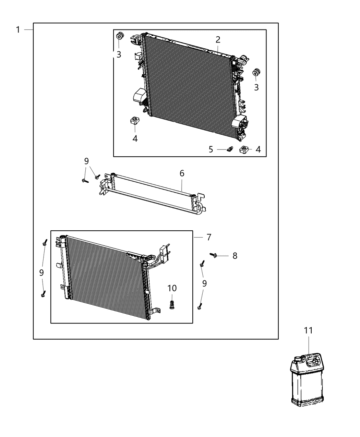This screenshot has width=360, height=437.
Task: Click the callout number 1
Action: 18,30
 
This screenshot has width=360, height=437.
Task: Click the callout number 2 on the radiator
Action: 218,40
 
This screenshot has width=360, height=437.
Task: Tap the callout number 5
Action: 211,149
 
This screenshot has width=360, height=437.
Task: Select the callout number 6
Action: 182,173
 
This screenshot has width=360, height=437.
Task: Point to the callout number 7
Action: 209,237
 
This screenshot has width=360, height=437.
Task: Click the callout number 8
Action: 235,256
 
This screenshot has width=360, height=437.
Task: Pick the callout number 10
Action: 172,288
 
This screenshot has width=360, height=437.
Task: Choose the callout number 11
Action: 308,330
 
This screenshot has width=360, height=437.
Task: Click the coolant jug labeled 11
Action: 307,384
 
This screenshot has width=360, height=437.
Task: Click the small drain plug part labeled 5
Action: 230,149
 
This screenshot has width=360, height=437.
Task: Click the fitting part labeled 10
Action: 172,304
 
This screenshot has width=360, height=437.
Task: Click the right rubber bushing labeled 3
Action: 256,73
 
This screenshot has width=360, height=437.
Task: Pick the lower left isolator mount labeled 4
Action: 134,121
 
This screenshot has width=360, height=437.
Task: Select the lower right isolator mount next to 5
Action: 244,149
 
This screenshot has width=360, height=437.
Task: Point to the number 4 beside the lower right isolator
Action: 258,149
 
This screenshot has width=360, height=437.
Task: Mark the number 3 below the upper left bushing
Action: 119,54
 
